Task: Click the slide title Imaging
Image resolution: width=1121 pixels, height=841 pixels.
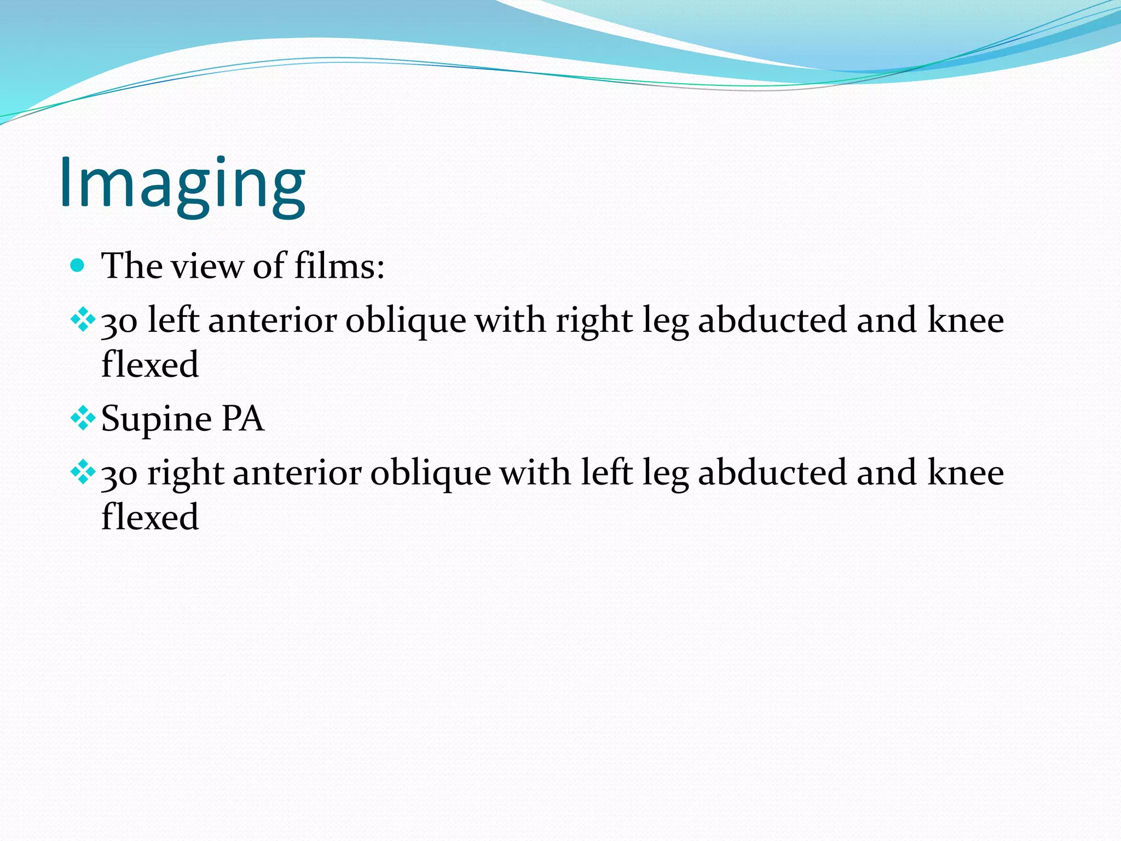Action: [182, 183]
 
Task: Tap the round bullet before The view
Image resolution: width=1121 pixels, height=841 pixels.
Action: [78, 266]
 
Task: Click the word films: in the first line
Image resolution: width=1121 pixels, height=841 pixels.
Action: [339, 266]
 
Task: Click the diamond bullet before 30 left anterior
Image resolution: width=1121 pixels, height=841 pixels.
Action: [83, 320]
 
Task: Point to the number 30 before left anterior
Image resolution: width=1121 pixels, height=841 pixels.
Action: [119, 322]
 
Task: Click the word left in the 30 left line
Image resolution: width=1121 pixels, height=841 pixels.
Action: [172, 320]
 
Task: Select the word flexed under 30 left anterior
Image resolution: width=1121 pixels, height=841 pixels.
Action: [150, 365]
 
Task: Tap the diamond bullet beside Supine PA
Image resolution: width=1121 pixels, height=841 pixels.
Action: [83, 419]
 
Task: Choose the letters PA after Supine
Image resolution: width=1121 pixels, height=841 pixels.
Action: [242, 419]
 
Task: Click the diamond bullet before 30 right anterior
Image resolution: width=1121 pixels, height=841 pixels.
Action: [83, 473]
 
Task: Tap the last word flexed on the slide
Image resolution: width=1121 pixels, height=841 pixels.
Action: [150, 517]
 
